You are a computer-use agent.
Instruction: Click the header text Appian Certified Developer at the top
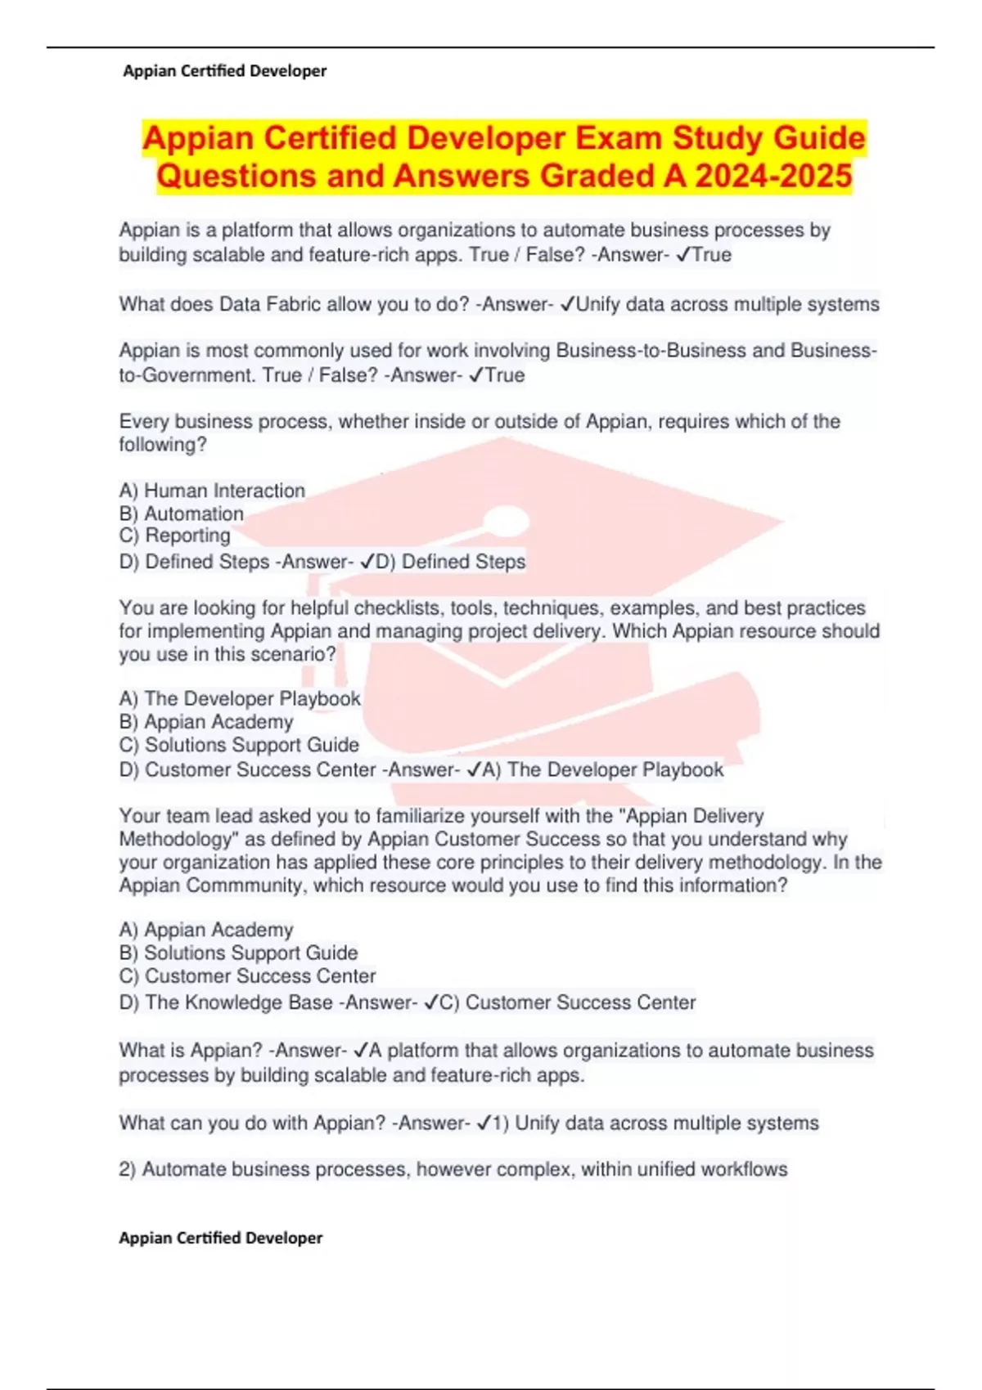click(x=224, y=71)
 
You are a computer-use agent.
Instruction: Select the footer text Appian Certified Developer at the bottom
click(x=221, y=1238)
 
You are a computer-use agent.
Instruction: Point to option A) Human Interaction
click(x=212, y=491)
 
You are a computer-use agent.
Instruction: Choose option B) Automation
click(x=182, y=513)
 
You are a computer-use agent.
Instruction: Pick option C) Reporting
click(x=175, y=536)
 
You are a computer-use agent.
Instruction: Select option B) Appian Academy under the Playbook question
click(x=206, y=722)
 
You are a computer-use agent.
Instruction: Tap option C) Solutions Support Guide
click(x=239, y=745)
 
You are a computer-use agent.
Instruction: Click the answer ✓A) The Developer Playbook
click(x=595, y=769)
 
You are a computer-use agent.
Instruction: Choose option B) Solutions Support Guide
click(x=238, y=953)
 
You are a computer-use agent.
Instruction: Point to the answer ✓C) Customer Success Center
click(x=561, y=1002)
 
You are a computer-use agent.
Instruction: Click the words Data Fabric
click(x=239, y=304)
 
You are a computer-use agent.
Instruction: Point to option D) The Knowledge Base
click(x=226, y=1002)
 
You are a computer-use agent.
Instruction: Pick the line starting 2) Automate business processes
click(x=453, y=1169)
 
